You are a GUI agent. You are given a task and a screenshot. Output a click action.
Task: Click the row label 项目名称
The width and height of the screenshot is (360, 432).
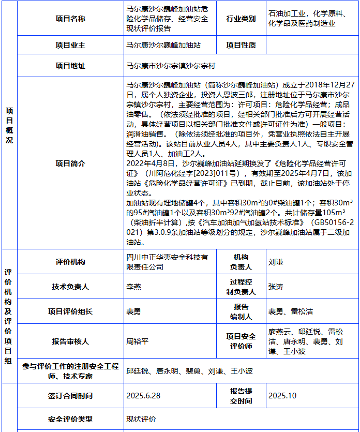(x=70, y=19)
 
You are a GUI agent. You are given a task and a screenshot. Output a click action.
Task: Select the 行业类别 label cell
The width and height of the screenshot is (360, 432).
(x=241, y=19)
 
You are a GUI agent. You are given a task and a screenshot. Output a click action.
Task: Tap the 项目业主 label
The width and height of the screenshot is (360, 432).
(x=70, y=45)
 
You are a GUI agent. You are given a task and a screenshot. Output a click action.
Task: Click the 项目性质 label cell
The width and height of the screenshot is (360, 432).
(x=241, y=45)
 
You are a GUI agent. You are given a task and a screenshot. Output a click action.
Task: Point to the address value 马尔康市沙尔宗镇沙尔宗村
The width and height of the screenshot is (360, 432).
(x=171, y=66)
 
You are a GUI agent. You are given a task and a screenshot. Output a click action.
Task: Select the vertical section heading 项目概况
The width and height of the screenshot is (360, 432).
(x=9, y=126)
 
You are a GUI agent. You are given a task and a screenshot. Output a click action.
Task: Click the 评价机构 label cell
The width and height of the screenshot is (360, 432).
(x=70, y=262)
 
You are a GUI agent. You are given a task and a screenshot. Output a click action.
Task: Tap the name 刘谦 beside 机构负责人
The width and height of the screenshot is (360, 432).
(x=276, y=262)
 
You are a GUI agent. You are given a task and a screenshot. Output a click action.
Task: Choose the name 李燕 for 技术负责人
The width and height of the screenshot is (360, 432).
(x=133, y=287)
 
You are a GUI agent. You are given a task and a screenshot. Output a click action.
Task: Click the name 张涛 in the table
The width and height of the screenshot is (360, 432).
(x=276, y=287)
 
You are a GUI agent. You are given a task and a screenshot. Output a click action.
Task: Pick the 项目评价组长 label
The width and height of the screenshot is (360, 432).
(x=70, y=311)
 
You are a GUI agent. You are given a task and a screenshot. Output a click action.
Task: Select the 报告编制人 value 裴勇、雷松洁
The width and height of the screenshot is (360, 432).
(x=290, y=311)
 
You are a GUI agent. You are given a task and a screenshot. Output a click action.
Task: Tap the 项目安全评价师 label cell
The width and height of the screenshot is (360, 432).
(x=241, y=341)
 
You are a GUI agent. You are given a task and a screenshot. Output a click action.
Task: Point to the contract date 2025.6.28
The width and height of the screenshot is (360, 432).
(x=143, y=396)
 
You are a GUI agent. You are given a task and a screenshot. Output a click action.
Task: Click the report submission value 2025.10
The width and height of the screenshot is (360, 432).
(x=282, y=396)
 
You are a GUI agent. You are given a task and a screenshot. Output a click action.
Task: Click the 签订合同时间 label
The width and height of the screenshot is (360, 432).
(x=70, y=396)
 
